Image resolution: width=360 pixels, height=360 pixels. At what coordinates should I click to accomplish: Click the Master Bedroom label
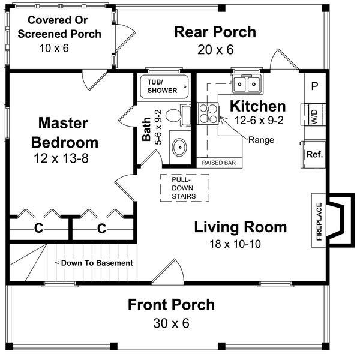pos(68,133)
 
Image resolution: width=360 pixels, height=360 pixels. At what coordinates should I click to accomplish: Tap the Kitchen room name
pos(258,106)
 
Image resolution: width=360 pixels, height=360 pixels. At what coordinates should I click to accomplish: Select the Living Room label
pos(240,227)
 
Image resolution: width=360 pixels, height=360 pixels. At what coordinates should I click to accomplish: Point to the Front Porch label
pos(170,305)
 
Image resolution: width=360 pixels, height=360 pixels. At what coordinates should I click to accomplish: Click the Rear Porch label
pos(206,32)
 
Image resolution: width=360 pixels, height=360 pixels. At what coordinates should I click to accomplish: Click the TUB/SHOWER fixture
pos(163,86)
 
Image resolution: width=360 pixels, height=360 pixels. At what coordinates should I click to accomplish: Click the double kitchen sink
pos(247,83)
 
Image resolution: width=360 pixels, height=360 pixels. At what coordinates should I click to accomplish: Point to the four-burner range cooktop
pos(207,113)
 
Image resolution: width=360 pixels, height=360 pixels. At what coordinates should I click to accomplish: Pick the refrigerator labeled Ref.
pos(314,154)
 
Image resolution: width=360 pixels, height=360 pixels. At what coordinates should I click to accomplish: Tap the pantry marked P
pos(314,86)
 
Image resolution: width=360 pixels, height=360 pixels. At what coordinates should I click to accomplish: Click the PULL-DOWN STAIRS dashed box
pos(184,188)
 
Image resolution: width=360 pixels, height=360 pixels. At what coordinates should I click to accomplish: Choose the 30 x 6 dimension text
pos(170,323)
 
